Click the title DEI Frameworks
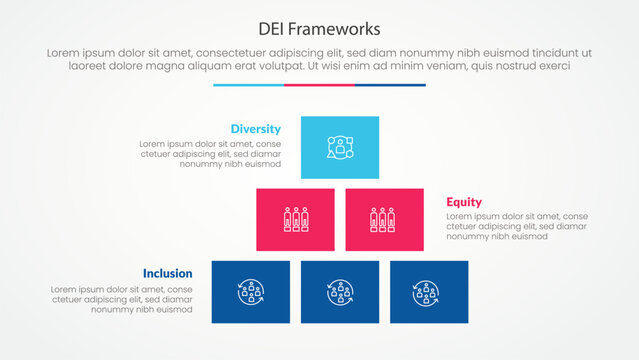(319, 27)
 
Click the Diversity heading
(255, 129)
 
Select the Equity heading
(464, 201)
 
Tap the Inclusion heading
(168, 272)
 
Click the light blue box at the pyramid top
(340, 147)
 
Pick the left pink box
(295, 219)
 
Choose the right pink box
(384, 219)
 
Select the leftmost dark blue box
(250, 291)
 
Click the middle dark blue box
(340, 291)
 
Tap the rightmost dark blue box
(429, 291)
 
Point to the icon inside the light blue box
(340, 147)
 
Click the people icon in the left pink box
(295, 219)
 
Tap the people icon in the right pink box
(384, 219)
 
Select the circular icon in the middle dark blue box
(340, 292)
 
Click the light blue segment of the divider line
(248, 85)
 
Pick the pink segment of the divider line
(319, 85)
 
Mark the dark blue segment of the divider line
(390, 85)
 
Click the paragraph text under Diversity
(210, 154)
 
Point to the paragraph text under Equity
(503, 226)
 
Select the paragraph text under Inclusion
(126, 299)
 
